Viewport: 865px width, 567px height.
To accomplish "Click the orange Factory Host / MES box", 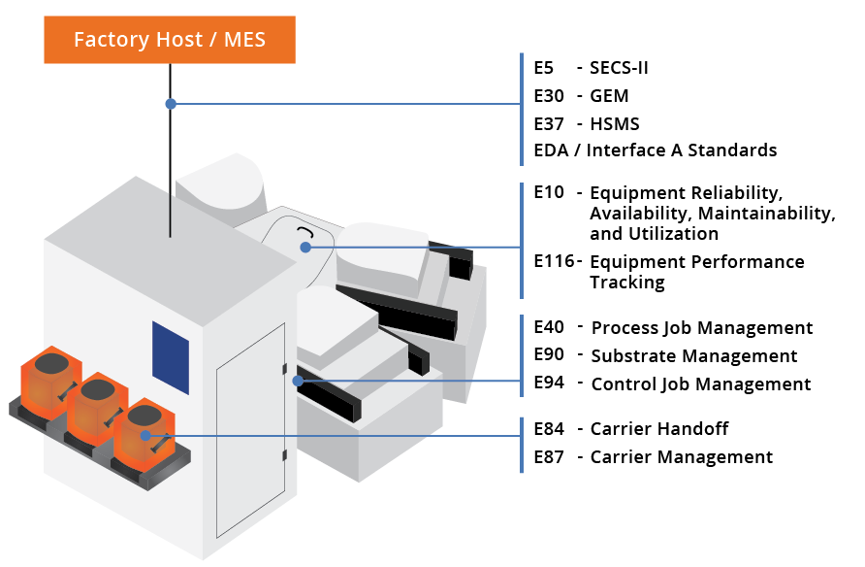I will [170, 40].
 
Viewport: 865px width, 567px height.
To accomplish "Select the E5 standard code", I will [543, 68].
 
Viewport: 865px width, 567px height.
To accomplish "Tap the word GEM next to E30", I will [609, 96].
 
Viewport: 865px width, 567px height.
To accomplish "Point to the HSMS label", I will [614, 124].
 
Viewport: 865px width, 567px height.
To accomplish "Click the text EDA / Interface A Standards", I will [656, 150].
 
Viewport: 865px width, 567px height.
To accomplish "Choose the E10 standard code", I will [549, 192].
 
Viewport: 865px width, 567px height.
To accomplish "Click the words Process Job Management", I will [701, 328].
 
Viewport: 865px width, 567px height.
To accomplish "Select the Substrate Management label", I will [693, 356].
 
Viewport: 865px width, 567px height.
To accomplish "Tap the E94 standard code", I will [549, 384].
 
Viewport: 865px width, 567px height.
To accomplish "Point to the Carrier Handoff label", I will [658, 429].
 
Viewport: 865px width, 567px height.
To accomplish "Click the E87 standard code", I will [549, 457].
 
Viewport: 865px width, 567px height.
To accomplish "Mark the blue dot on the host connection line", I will [171, 103].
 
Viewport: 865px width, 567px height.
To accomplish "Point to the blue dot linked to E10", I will [305, 247].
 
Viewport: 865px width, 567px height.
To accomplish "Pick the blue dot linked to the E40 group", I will [299, 382].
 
